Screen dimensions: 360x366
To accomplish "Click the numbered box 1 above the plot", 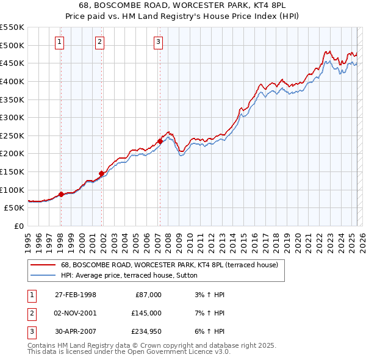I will point(59,42).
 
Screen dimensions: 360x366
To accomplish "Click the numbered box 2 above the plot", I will point(99,42).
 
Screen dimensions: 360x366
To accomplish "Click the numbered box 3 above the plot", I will point(158,42).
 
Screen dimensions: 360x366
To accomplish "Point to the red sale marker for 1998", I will point(61,194).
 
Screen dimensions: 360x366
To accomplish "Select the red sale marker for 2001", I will point(101,173).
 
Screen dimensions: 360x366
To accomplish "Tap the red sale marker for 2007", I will point(160,141).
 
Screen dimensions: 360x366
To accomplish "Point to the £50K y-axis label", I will point(15,208).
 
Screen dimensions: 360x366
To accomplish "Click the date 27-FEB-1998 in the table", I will point(76,295).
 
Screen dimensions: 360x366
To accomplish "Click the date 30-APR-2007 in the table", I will point(76,331).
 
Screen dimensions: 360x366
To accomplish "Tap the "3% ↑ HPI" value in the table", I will point(208,295).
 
